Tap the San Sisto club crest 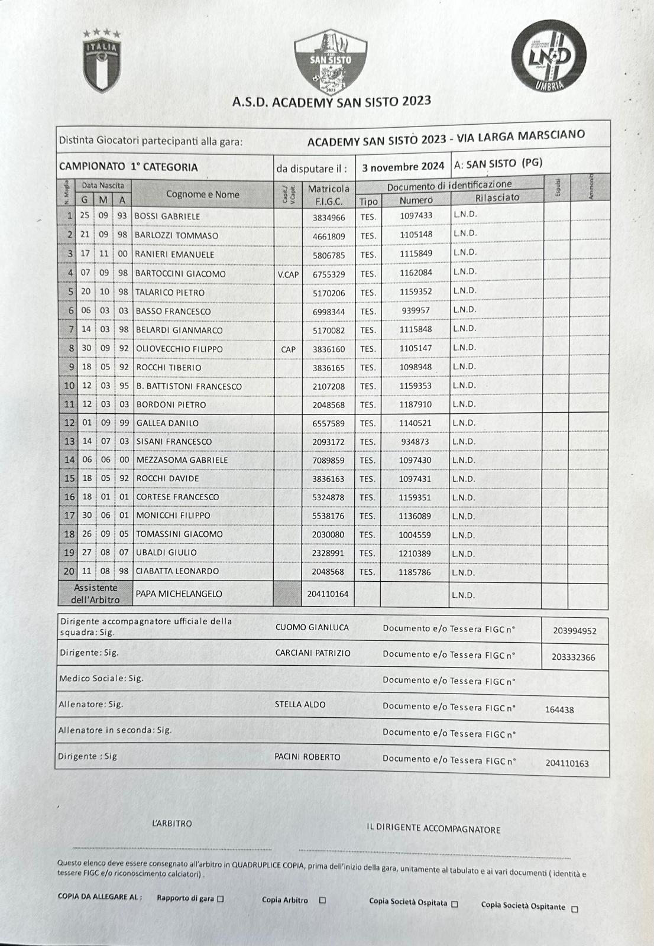331,62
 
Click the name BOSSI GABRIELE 167,216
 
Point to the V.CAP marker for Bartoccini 288,274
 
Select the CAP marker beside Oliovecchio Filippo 288,349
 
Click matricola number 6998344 328,312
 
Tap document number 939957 415,310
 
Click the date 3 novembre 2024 403,167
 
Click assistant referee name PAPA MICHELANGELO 179,594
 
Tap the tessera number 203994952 575,631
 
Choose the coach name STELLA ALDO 300,705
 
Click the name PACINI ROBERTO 307,757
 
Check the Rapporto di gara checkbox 221,899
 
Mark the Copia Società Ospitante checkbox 575,910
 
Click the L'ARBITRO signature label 172,823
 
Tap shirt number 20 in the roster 69,571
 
